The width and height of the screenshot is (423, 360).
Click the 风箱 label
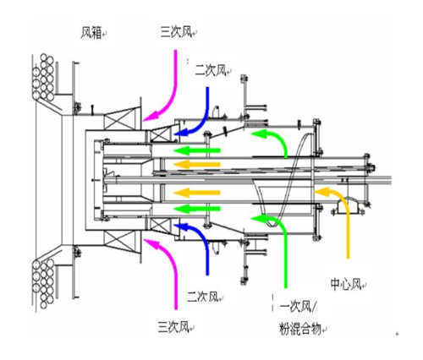(x=91, y=33)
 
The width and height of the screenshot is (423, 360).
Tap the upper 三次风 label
(x=176, y=32)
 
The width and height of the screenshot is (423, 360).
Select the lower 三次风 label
(x=173, y=327)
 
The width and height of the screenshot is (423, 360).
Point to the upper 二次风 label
(x=211, y=70)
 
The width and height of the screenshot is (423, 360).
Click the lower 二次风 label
(x=203, y=297)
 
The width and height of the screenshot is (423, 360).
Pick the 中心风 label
(x=346, y=284)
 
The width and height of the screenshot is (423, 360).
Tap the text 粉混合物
(x=300, y=329)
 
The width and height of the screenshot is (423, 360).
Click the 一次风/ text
(x=298, y=307)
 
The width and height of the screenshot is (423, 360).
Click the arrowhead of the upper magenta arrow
(x=149, y=117)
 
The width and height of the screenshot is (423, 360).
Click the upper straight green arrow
(x=196, y=150)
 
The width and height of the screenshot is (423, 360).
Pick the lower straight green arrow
(x=196, y=209)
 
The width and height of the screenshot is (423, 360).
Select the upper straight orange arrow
(x=196, y=165)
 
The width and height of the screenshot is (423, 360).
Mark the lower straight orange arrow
(x=196, y=193)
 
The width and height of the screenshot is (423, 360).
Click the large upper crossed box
(x=118, y=119)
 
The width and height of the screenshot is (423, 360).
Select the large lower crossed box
(x=118, y=243)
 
